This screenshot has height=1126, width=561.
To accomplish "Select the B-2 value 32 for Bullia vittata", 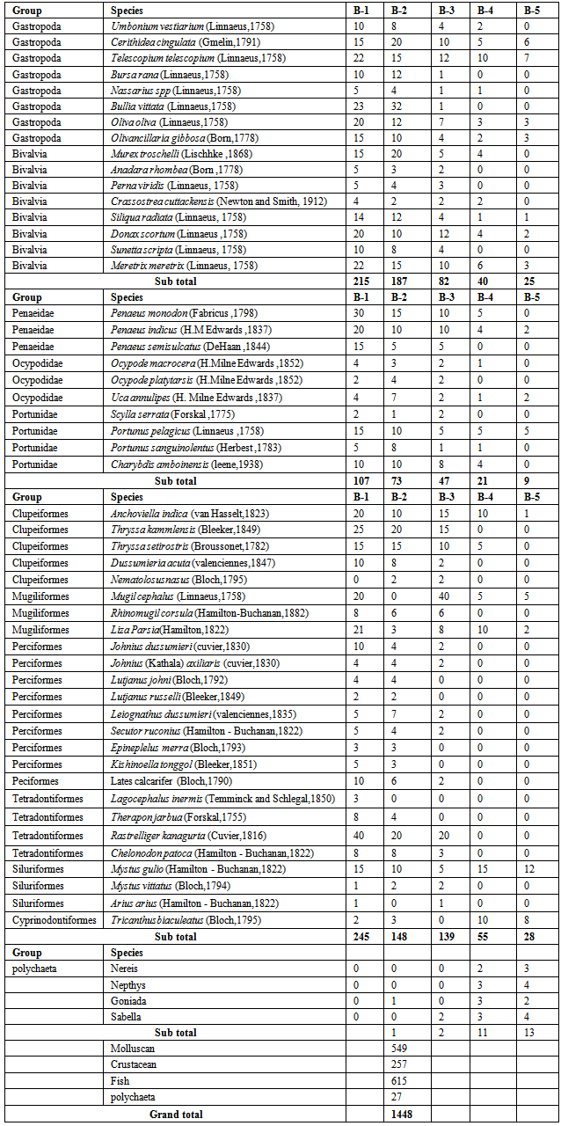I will coord(397,106).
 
